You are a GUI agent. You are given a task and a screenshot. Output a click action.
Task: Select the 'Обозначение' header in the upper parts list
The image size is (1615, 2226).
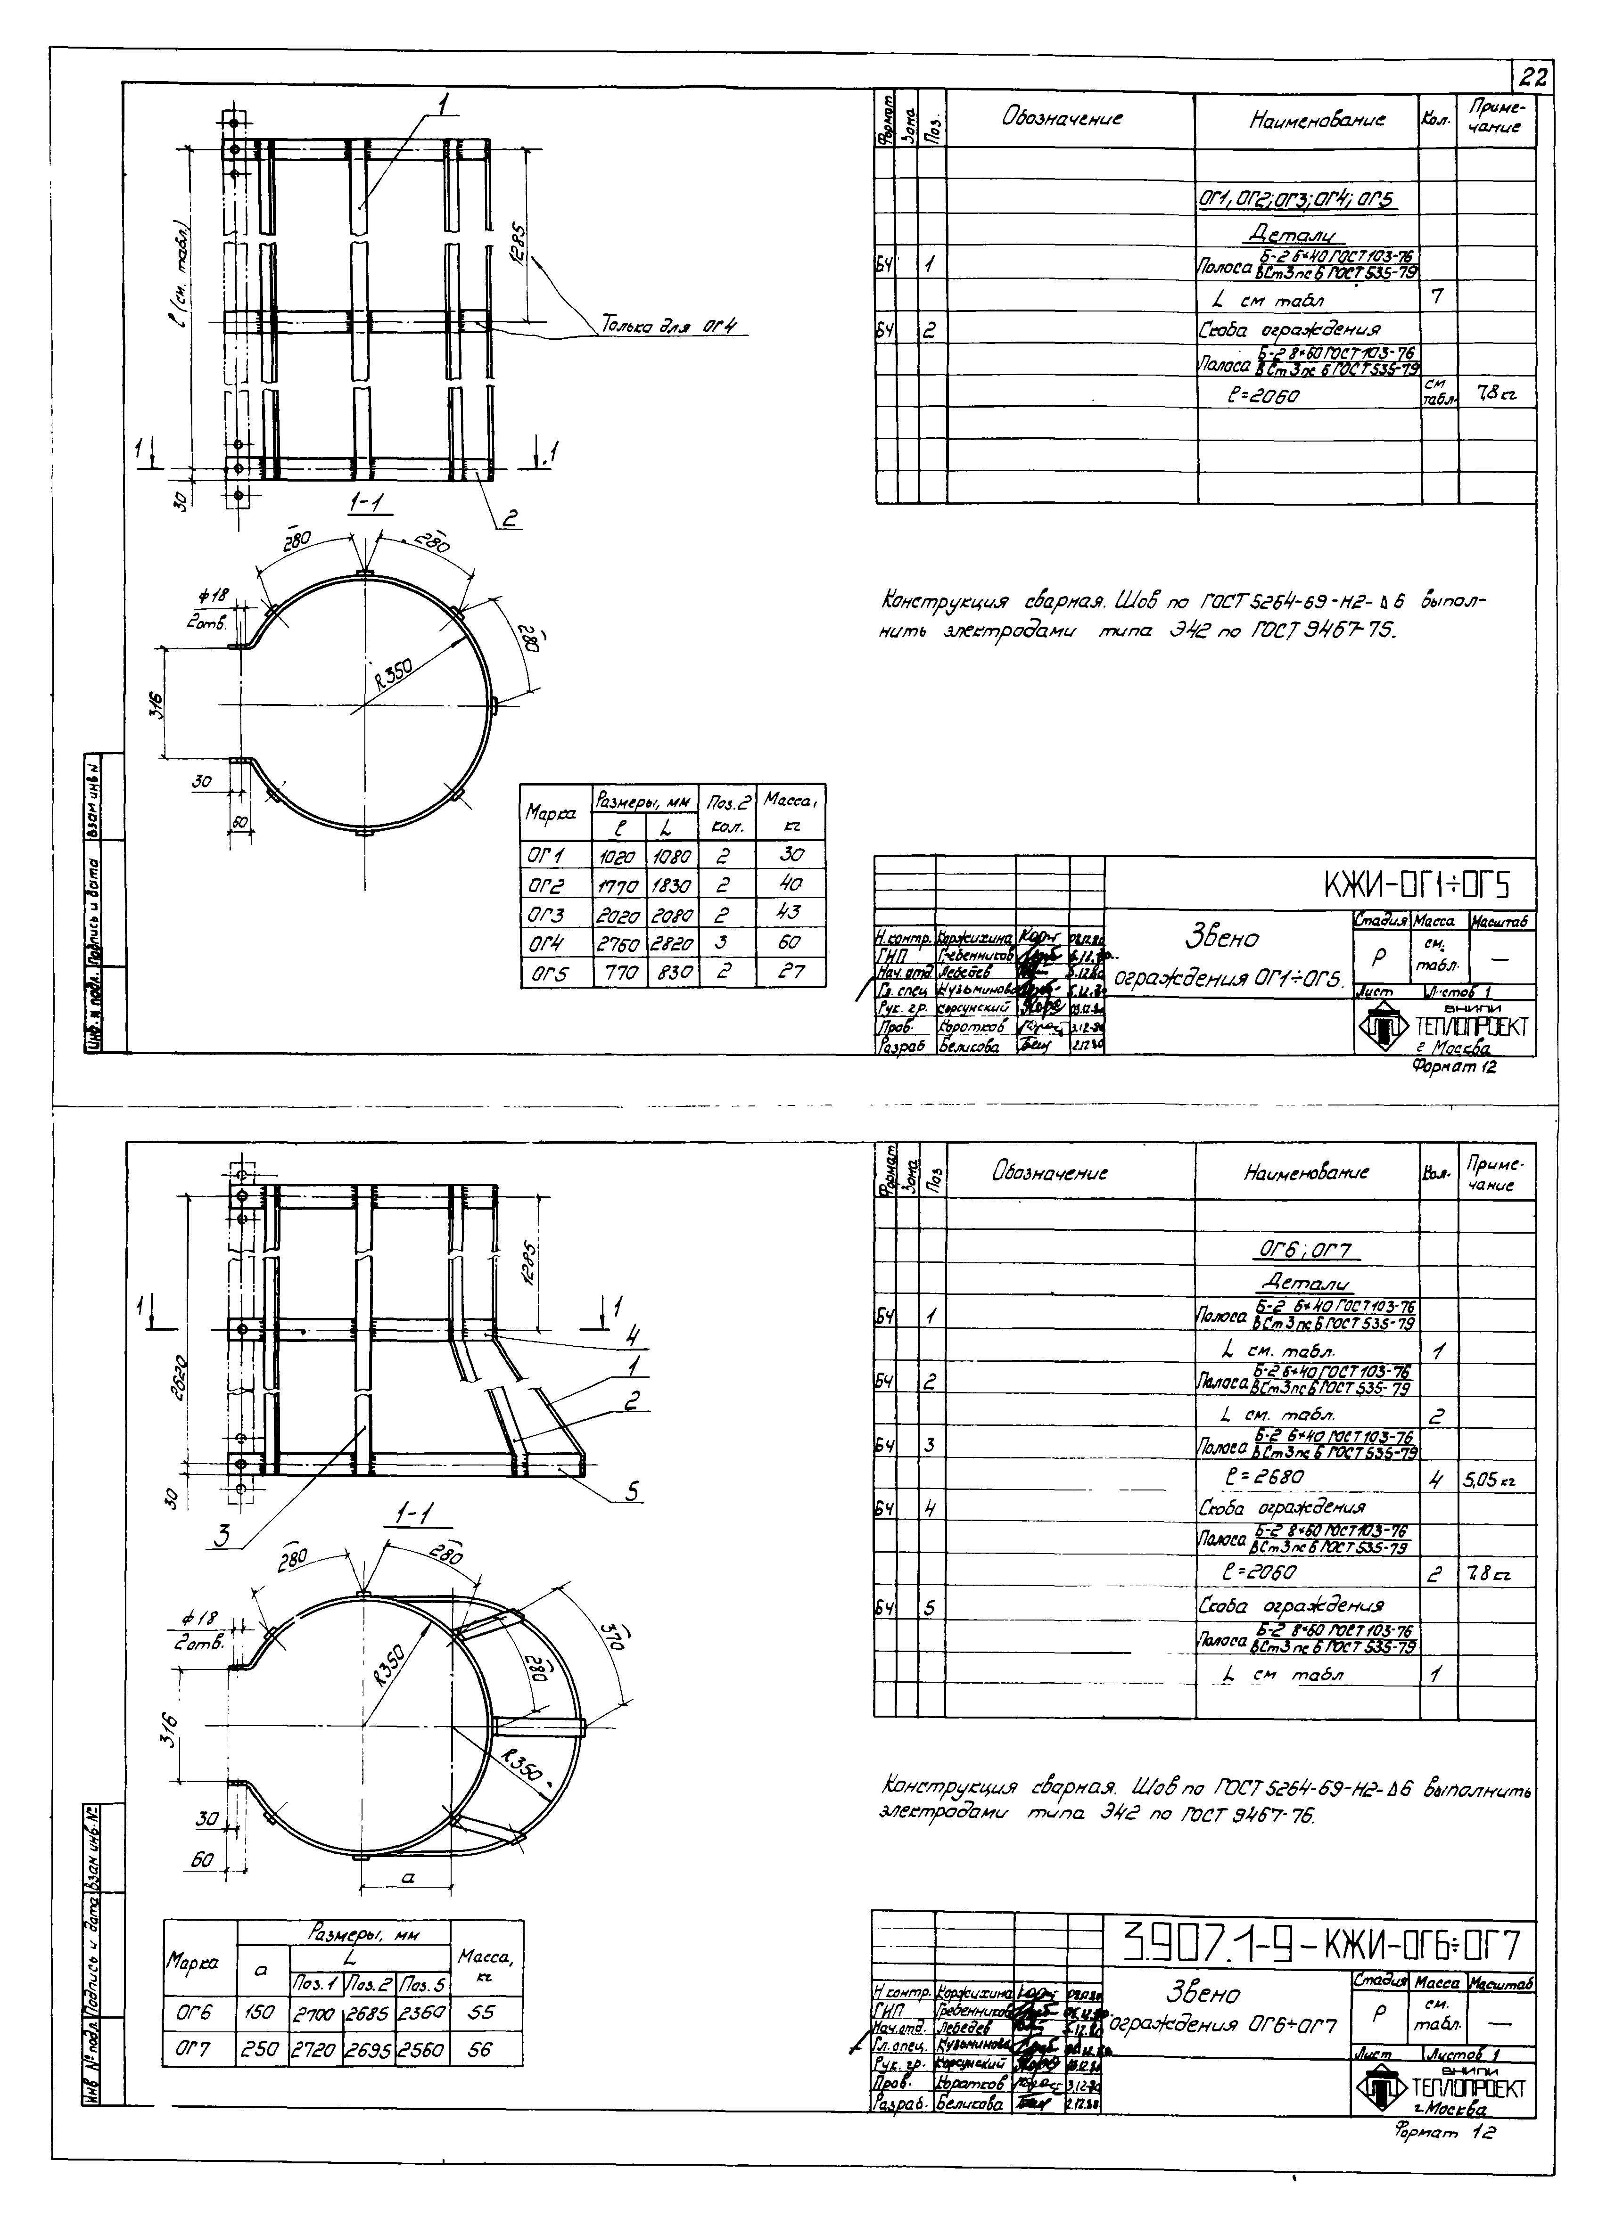coord(1062,119)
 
